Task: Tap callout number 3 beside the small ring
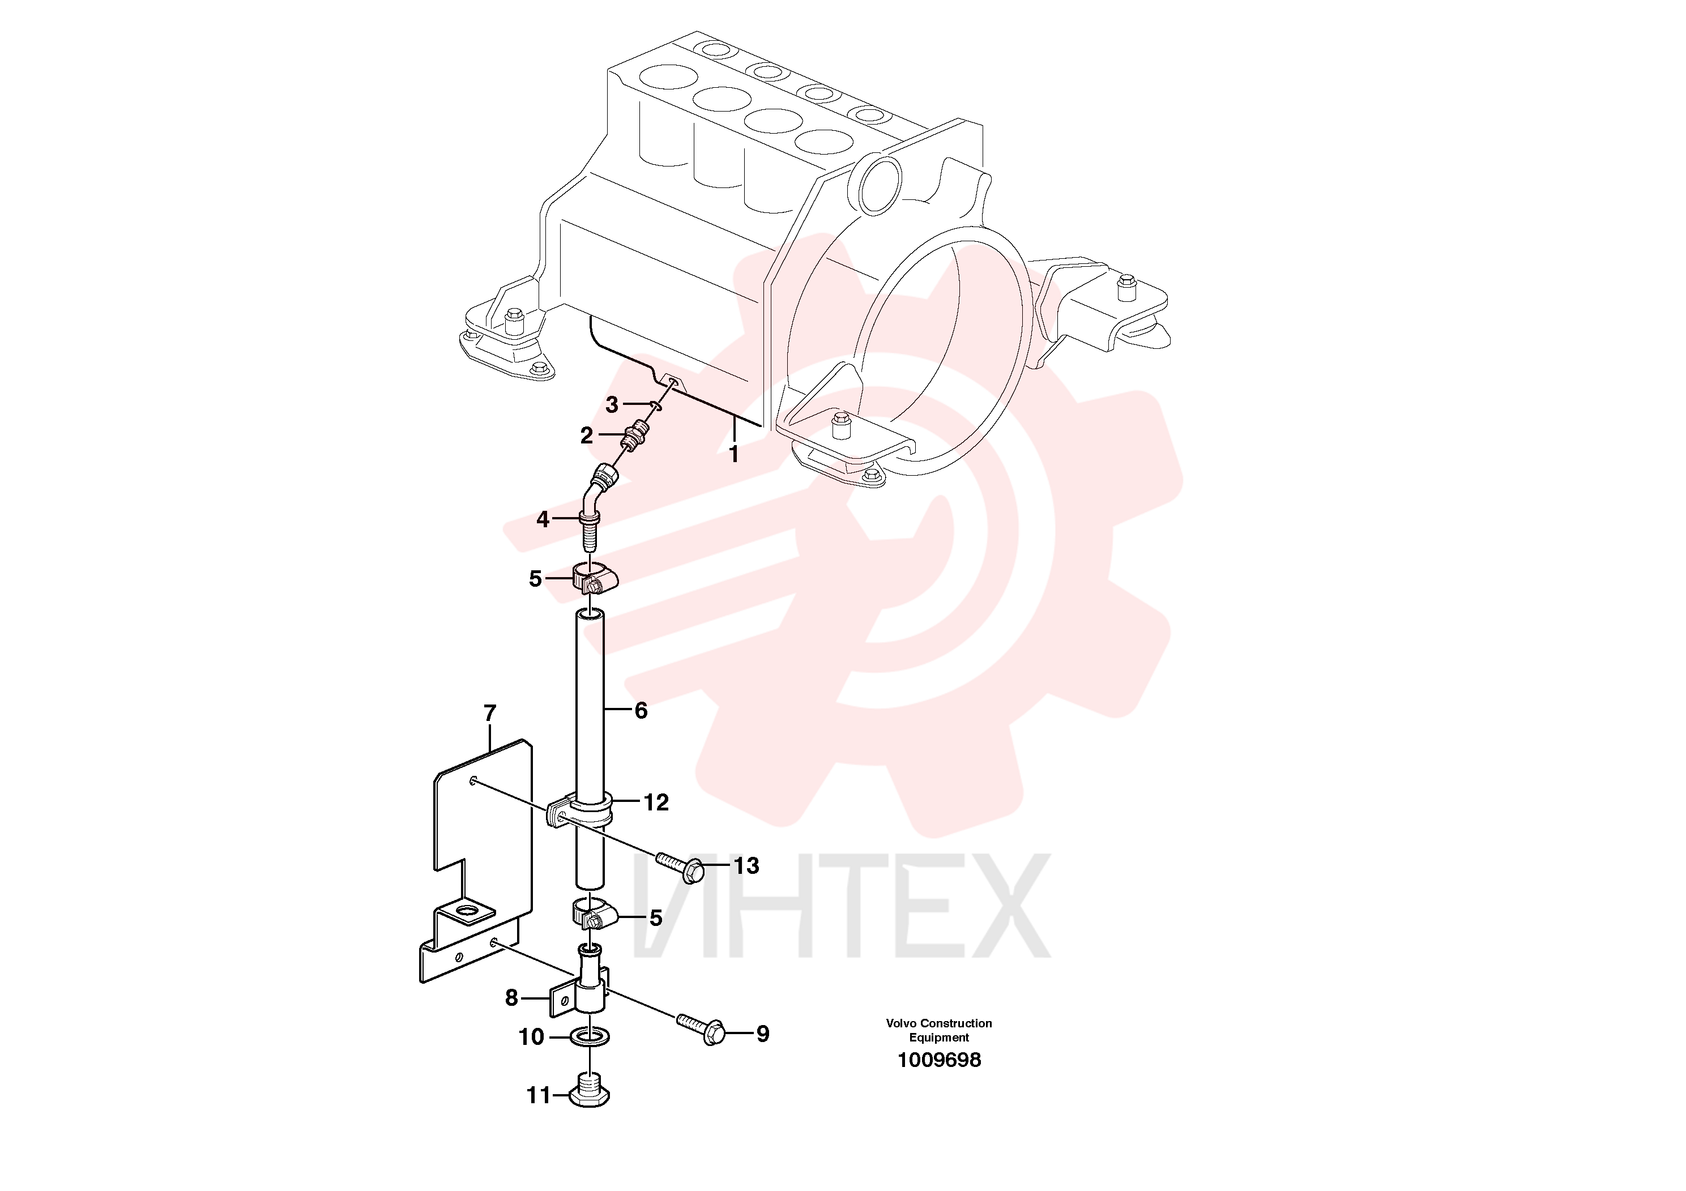[x=612, y=404]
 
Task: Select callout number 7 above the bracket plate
[x=490, y=713]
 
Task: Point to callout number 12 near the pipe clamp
[x=656, y=802]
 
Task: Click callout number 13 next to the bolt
[x=747, y=866]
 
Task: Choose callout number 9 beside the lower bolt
[x=763, y=1034]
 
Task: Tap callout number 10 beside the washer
[x=532, y=1037]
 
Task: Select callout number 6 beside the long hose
[x=641, y=710]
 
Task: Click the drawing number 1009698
[x=939, y=1060]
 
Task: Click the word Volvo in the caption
[x=901, y=1023]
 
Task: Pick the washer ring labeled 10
[x=590, y=1038]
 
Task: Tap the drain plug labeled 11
[x=590, y=1090]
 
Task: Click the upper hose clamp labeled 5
[x=594, y=578]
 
